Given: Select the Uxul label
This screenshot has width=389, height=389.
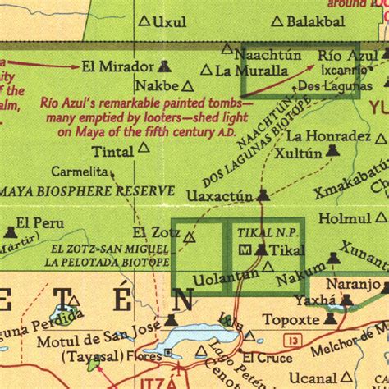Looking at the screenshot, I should [x=171, y=22].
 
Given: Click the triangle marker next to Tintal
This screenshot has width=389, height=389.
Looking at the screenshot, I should [x=144, y=148].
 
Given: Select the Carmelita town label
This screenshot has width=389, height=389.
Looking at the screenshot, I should [x=80, y=172].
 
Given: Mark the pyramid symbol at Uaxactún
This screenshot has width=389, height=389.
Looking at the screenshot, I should [x=263, y=195].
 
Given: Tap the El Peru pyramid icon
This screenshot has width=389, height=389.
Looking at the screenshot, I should [x=9, y=222].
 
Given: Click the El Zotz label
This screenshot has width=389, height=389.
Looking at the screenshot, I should [x=155, y=232].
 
